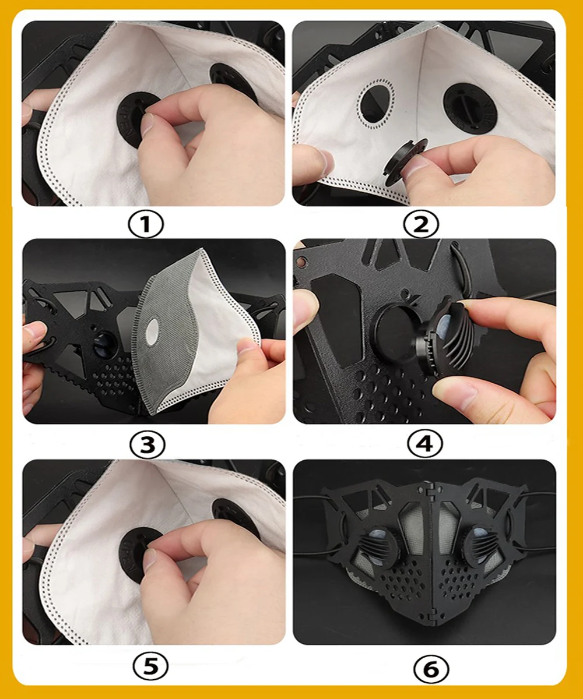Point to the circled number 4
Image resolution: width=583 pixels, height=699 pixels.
coord(424,444)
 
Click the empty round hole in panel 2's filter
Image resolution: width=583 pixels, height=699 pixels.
coord(376,104)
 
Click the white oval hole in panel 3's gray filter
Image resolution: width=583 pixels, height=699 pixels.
coord(152,331)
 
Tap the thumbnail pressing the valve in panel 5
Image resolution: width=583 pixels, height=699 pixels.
coord(150,563)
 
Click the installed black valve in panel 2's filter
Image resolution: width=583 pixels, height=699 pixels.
coord(470,108)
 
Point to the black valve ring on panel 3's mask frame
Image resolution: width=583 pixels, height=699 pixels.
coord(104,345)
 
